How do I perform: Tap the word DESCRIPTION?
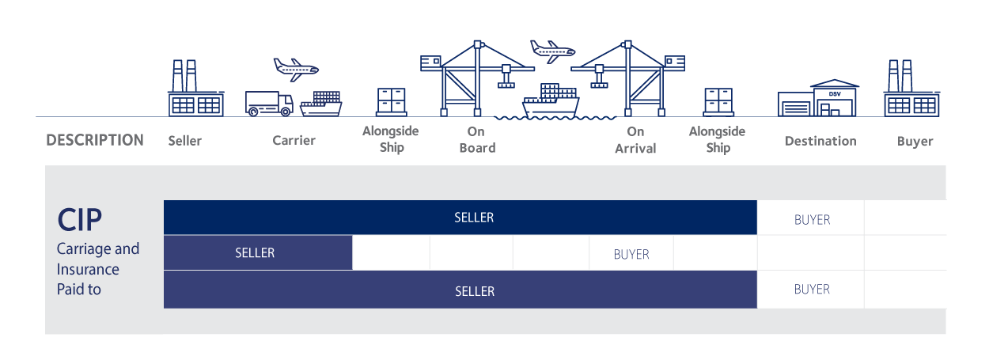click(x=95, y=141)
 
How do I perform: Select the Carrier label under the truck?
click(x=294, y=141)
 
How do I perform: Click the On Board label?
click(x=476, y=140)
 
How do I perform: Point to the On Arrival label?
click(x=635, y=140)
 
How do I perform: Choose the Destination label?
click(x=820, y=141)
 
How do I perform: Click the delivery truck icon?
click(x=269, y=103)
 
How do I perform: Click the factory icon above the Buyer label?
click(x=911, y=89)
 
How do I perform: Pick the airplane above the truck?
click(x=295, y=68)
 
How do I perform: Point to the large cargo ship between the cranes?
click(x=551, y=100)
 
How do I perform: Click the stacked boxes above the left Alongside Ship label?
click(x=391, y=101)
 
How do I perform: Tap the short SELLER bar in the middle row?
click(x=255, y=253)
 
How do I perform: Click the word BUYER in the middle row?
click(x=631, y=254)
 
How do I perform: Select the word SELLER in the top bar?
click(x=474, y=218)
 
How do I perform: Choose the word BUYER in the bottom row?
click(x=812, y=289)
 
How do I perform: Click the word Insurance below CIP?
click(x=88, y=269)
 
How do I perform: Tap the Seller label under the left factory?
click(x=184, y=141)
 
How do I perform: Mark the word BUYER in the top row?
click(x=812, y=219)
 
